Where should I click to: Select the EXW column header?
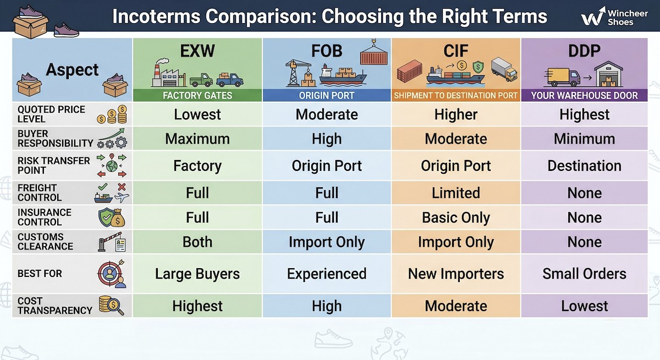click(x=197, y=52)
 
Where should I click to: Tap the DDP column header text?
click(x=584, y=52)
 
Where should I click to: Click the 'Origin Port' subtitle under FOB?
click(x=327, y=96)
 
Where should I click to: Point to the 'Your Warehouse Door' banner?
click(x=584, y=96)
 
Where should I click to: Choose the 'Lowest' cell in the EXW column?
click(x=197, y=115)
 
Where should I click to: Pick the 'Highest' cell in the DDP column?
click(x=584, y=115)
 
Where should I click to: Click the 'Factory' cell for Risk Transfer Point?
click(x=197, y=166)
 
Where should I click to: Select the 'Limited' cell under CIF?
click(x=455, y=193)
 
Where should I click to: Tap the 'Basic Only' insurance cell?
click(x=455, y=218)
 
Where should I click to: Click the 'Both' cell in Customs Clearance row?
click(x=197, y=242)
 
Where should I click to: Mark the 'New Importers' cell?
click(x=455, y=274)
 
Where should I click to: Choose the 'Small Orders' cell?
click(x=584, y=274)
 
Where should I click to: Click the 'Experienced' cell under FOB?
click(x=327, y=274)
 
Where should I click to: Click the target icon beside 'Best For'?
click(x=112, y=274)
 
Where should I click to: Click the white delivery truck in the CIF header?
click(x=503, y=69)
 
